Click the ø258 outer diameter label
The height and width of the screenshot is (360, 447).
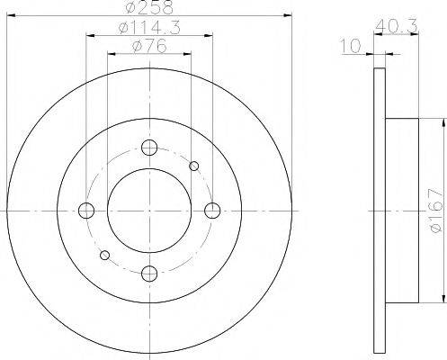click(149, 7)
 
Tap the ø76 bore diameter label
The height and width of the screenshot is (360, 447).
click(149, 47)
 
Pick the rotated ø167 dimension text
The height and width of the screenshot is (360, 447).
click(434, 209)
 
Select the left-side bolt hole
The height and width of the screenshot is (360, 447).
click(87, 211)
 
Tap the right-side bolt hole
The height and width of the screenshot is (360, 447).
click(212, 211)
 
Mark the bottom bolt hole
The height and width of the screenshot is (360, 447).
click(150, 273)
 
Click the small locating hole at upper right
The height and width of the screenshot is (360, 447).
click(194, 165)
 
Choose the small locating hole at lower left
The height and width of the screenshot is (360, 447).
click(104, 256)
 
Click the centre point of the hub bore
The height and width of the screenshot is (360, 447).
click(150, 211)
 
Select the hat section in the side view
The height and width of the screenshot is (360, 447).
click(403, 211)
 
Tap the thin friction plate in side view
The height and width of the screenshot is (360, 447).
click(378, 211)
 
